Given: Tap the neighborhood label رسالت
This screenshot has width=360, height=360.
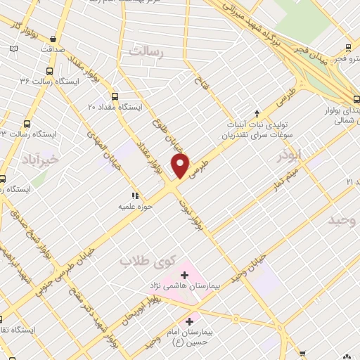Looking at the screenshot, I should (x=146, y=51).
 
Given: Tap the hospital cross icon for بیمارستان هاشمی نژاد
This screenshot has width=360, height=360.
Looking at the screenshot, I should (x=185, y=274).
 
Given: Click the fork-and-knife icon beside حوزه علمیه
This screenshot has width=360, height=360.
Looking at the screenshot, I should (x=134, y=195).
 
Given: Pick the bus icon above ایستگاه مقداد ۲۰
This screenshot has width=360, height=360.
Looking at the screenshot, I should (x=115, y=96).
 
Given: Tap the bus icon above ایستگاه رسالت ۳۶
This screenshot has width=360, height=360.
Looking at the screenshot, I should (x=49, y=71).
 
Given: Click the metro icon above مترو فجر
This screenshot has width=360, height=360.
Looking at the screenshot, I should (x=348, y=48).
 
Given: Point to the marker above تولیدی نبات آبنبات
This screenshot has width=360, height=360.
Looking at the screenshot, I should (x=257, y=112).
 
